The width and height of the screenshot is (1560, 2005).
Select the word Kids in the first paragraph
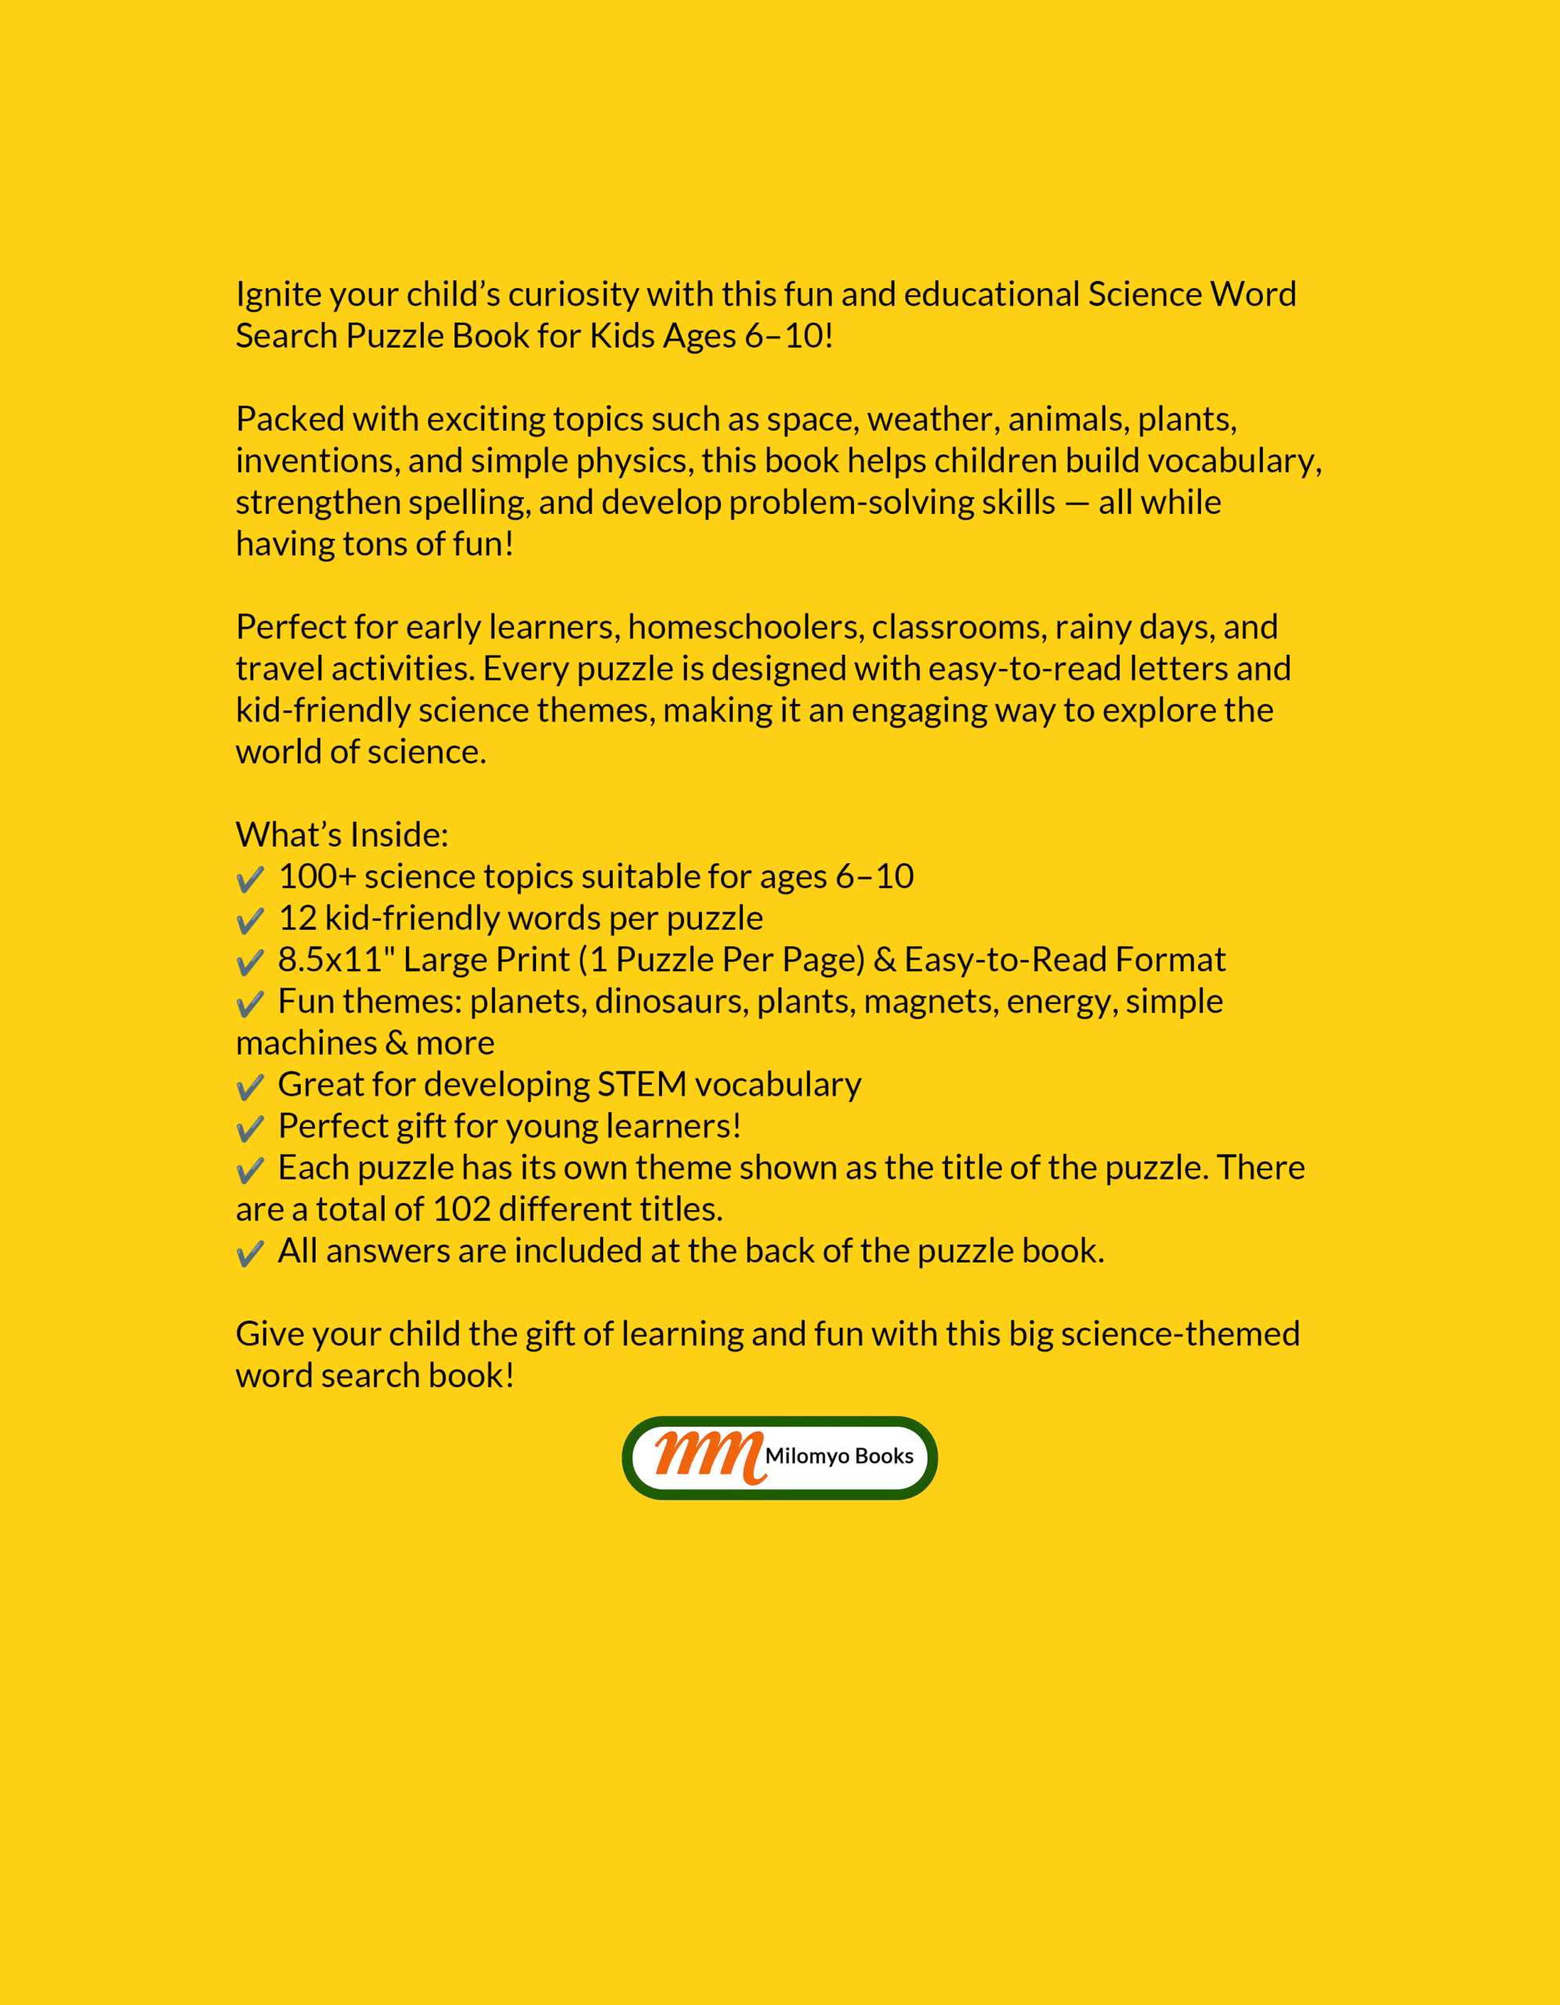(621, 336)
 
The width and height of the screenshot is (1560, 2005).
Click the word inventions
(317, 461)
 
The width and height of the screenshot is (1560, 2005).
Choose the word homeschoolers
(744, 627)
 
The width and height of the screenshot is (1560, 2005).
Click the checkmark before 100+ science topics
(250, 880)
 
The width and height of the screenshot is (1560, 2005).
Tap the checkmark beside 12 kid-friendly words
(250, 921)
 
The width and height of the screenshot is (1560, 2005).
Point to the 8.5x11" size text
(331, 960)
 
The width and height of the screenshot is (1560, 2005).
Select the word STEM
(641, 1085)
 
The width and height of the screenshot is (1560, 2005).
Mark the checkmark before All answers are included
(250, 1254)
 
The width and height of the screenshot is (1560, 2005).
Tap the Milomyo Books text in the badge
(839, 1457)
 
